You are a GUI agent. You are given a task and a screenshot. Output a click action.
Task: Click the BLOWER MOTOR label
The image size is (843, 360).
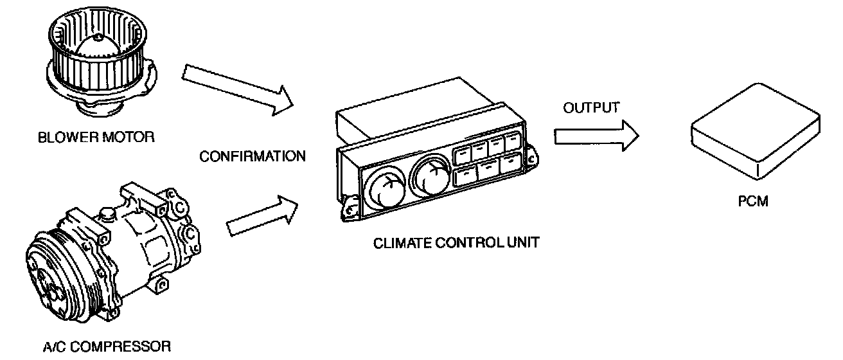pos(97,138)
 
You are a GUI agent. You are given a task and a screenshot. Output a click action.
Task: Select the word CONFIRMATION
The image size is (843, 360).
pos(253,156)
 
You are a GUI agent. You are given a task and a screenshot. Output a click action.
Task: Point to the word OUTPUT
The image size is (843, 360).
pos(591,107)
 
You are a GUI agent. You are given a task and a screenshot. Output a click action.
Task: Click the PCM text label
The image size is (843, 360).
pos(753,201)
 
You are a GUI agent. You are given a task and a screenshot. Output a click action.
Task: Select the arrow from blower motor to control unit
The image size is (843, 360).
pos(238,90)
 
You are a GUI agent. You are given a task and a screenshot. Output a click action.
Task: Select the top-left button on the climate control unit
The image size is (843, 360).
pos(463,154)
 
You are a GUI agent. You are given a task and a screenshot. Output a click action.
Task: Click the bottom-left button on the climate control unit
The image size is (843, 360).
pos(465,176)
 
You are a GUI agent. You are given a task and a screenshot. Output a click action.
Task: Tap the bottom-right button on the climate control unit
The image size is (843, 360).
pos(510,163)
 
